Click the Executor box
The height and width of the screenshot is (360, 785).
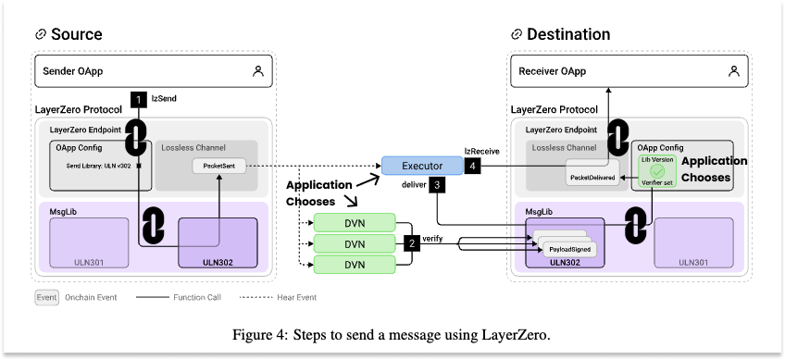tap(422, 166)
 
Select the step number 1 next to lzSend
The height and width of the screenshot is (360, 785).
tap(138, 97)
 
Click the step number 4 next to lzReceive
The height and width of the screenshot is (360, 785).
tap(473, 166)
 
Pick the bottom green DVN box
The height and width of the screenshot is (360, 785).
tap(355, 265)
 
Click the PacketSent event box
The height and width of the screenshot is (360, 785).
tap(218, 168)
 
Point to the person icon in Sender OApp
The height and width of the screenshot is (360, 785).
tap(258, 70)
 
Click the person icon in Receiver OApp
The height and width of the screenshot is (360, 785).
tap(734, 70)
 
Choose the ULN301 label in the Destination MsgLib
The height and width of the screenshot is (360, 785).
tap(692, 263)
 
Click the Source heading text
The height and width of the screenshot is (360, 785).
tap(76, 35)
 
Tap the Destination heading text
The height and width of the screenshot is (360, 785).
tap(567, 35)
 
